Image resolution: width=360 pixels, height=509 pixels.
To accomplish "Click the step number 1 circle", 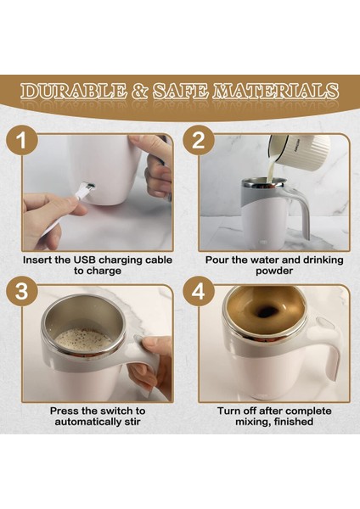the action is click(22, 141).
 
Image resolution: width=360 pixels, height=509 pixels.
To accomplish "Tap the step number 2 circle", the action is click(199, 141).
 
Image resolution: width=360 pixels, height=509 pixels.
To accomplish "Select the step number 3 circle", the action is click(22, 291).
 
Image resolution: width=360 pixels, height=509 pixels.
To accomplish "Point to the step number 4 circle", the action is click(199, 291).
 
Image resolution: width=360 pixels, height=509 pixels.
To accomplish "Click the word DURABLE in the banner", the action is click(73, 91).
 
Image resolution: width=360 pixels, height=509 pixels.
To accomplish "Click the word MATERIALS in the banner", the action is click(276, 91).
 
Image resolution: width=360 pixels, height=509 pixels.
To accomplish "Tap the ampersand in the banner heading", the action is click(140, 91).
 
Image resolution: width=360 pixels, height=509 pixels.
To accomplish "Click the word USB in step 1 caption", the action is click(84, 260).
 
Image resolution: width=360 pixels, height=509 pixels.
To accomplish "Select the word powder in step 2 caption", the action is click(274, 271).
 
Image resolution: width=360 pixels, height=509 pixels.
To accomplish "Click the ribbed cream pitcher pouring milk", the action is click(299, 150).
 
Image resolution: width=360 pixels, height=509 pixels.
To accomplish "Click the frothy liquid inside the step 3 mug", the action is click(83, 339).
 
